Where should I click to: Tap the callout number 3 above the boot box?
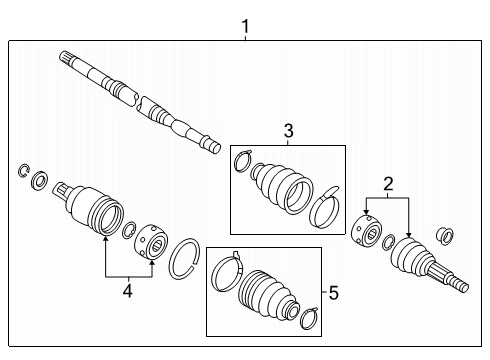287,131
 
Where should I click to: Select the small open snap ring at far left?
24,171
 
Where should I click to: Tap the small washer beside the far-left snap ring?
41,180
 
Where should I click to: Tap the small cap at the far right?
448,236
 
